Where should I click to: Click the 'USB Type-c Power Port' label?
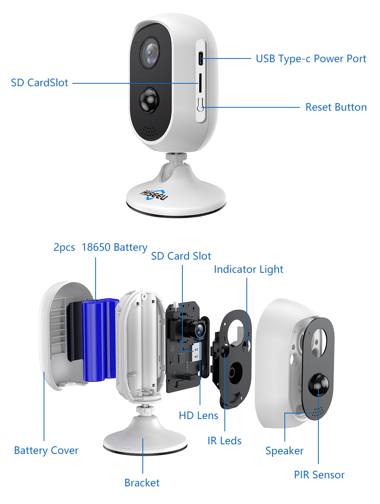tap(311, 58)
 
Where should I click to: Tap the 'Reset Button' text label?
tap(336, 107)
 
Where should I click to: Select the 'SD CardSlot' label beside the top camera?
tap(40, 83)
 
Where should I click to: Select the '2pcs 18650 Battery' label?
tap(100, 247)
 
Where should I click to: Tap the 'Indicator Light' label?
tap(248, 269)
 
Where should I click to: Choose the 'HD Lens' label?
tap(198, 415)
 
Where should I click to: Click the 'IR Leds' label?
tap(224, 441)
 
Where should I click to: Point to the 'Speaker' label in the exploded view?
tap(284, 451)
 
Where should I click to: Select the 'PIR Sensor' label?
tap(319, 475)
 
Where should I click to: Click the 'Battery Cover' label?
tap(46, 450)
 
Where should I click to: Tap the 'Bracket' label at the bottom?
tap(142, 483)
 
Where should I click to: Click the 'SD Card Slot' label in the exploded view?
tap(181, 256)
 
